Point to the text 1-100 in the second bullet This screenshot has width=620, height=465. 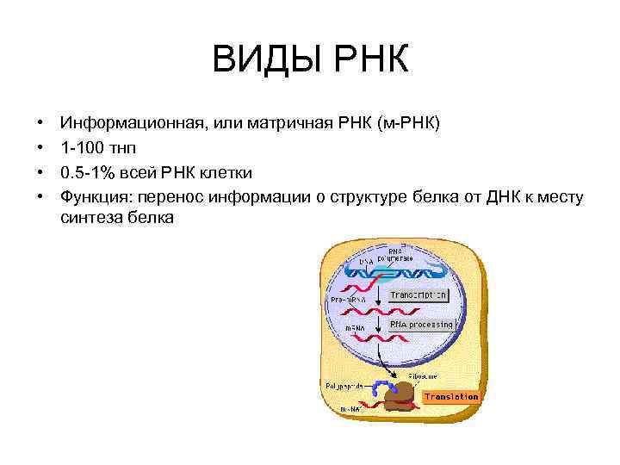pyautogui.click(x=83, y=148)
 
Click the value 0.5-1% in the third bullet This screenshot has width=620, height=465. pyautogui.click(x=90, y=172)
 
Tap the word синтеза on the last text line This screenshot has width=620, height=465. pyautogui.click(x=92, y=218)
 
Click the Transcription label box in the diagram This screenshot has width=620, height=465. pyautogui.click(x=418, y=294)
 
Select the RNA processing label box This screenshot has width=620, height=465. pyautogui.click(x=421, y=325)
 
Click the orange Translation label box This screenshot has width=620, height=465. pyautogui.click(x=450, y=397)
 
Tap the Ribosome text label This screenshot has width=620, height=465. pyautogui.click(x=422, y=375)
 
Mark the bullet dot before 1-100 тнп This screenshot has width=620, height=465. pyautogui.click(x=40, y=148)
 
